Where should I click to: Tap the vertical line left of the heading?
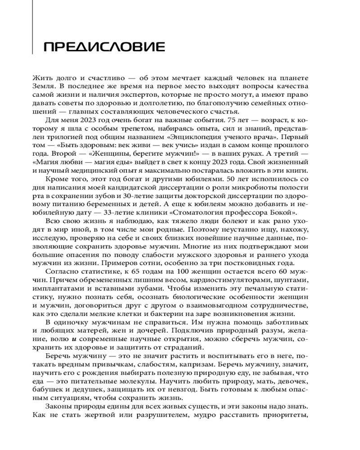point(33,27)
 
